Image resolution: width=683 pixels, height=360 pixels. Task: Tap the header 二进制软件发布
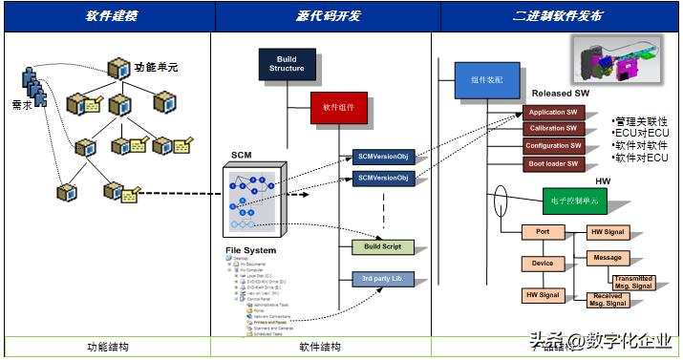point(557,17)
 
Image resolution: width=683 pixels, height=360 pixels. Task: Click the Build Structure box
point(286,64)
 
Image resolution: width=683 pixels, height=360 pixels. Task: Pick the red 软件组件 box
point(338,108)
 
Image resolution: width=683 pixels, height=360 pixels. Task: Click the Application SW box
point(553,112)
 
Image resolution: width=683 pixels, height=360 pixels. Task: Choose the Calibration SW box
point(553,129)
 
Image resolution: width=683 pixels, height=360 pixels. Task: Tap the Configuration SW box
point(553,146)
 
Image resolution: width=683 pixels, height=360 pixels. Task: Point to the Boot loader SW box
point(553,163)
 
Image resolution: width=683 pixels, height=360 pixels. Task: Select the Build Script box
point(382,247)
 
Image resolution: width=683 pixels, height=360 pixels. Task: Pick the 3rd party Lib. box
point(382,279)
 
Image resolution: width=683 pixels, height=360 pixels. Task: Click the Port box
point(543,231)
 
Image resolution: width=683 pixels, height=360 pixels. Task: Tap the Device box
point(543,263)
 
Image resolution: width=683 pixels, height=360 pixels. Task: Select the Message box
point(607,258)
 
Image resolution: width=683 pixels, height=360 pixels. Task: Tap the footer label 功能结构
point(108,348)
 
